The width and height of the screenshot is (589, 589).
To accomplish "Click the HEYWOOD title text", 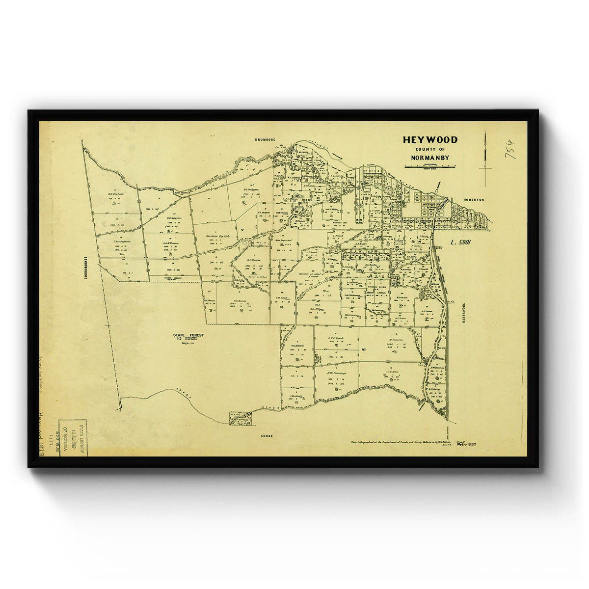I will click(430, 140).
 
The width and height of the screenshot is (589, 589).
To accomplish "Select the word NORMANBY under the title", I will click(430, 158).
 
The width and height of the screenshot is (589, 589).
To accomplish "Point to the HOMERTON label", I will click(473, 200).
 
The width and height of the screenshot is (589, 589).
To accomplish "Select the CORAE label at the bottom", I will click(267, 436).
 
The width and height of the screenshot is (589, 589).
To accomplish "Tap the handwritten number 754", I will click(510, 148).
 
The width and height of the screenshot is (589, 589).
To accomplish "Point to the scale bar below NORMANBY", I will click(430, 167).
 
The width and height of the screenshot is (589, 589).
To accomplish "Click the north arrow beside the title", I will click(485, 157).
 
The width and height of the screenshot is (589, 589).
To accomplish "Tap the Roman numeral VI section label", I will click(364, 349).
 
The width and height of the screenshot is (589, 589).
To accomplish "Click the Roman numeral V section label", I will click(241, 229).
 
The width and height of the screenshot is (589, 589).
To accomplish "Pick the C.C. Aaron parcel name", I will click(174, 218).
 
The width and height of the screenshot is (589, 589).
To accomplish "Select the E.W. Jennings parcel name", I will click(337, 373).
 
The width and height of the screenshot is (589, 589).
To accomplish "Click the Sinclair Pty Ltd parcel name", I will click(214, 237).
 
